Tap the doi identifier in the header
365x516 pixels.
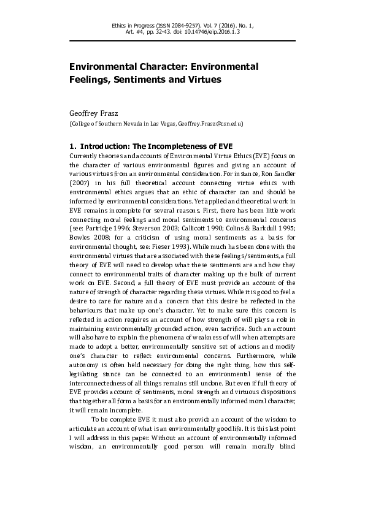click(216, 32)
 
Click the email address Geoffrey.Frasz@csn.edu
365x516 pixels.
click(210, 124)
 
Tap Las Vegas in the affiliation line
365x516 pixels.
click(163, 124)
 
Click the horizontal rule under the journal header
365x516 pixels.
click(182, 41)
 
